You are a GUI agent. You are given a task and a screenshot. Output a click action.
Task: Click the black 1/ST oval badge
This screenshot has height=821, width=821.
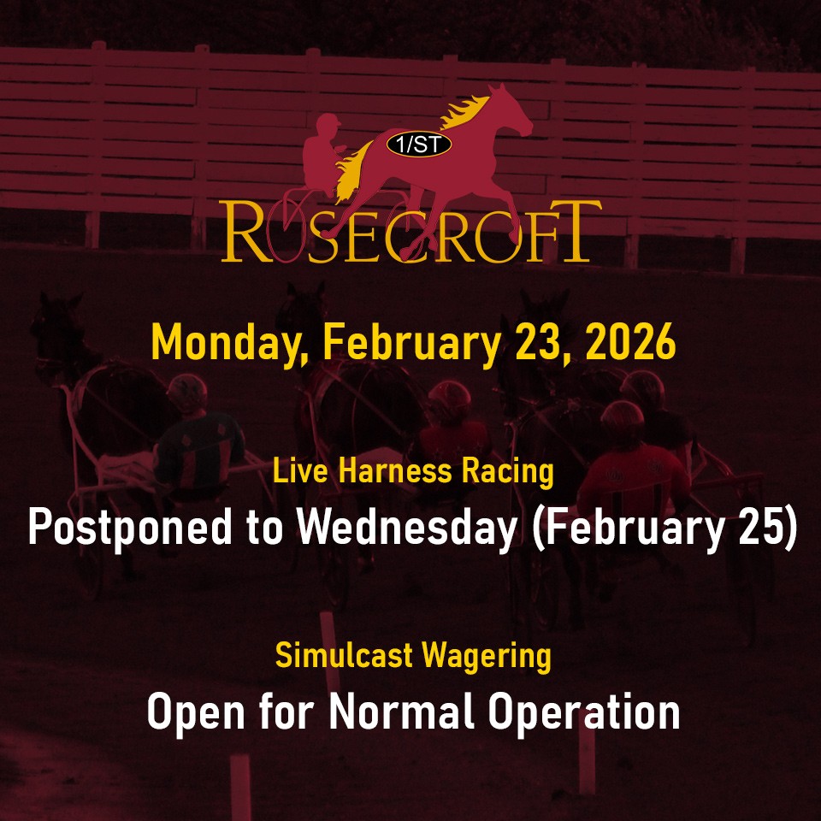pos(418,145)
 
